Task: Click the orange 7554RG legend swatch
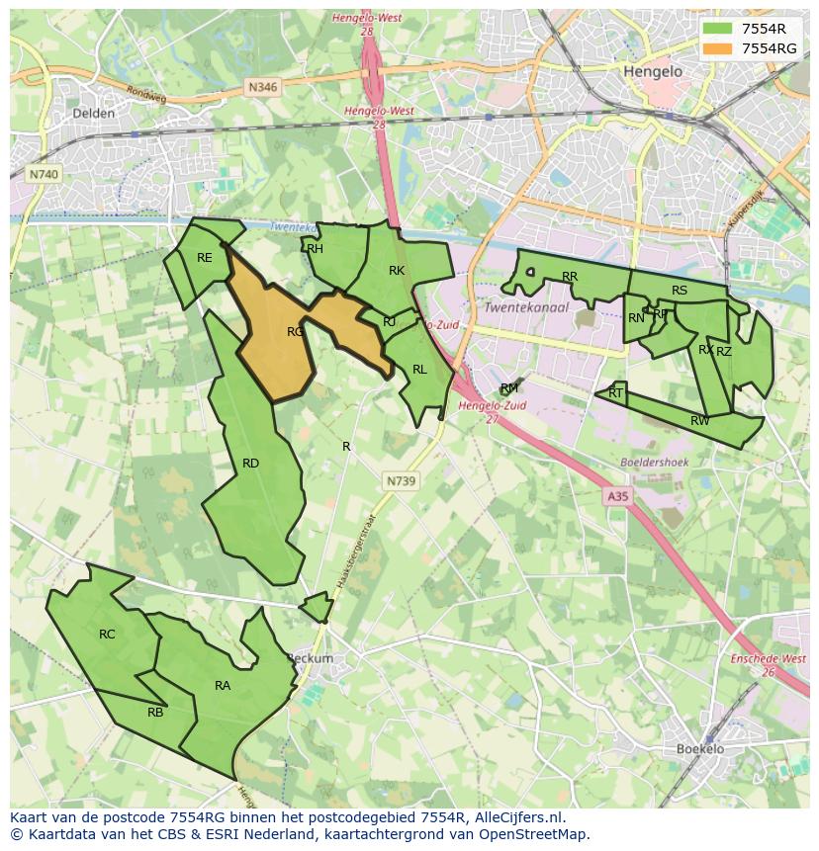719,48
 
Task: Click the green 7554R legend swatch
719,30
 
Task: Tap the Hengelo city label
653,72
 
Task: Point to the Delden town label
94,114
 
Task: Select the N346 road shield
263,87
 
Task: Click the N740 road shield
44,174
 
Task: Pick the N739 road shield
401,480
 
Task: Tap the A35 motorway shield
618,497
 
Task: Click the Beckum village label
310,658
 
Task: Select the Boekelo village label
700,749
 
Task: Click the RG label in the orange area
296,332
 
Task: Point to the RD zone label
250,463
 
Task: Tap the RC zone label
107,634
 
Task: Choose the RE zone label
204,258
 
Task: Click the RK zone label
397,270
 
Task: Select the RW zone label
699,421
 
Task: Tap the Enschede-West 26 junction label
768,665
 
